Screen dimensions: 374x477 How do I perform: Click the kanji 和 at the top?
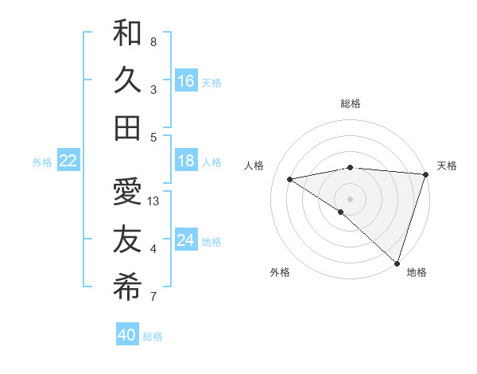pos(127,33)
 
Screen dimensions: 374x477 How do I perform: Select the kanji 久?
pos(127,80)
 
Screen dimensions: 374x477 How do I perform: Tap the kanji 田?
pos(127,128)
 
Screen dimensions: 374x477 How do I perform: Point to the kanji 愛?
pos(127,192)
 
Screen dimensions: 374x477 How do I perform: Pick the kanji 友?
pos(127,240)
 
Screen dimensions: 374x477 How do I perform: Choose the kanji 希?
pos(127,287)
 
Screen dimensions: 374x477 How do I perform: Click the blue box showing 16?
pos(185,81)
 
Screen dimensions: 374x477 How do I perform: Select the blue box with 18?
pos(185,161)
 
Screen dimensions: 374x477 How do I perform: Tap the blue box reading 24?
pos(185,240)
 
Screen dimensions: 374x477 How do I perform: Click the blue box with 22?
pos(68,161)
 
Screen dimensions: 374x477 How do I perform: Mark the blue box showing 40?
pos(126,335)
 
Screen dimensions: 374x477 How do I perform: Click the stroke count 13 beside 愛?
pos(154,201)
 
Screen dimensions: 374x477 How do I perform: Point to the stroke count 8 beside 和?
pos(153,41)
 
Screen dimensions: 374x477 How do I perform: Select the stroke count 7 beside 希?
pos(153,298)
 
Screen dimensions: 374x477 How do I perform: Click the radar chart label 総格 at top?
pos(350,103)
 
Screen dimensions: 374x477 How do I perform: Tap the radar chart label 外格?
pos(280,272)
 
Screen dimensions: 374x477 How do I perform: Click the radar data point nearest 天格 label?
pos(426,173)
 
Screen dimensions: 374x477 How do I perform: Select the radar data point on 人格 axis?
pos(290,179)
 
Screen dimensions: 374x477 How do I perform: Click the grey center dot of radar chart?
pos(350,197)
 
